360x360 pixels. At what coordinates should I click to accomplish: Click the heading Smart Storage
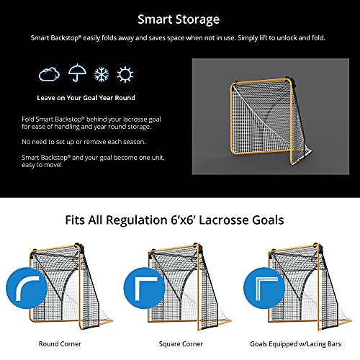(180, 19)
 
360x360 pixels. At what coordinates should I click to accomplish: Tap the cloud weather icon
(49, 73)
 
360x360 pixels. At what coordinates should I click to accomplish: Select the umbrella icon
(76, 73)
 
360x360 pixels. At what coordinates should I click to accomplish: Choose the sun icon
(125, 73)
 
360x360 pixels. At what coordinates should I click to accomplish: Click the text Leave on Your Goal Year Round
(87, 96)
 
